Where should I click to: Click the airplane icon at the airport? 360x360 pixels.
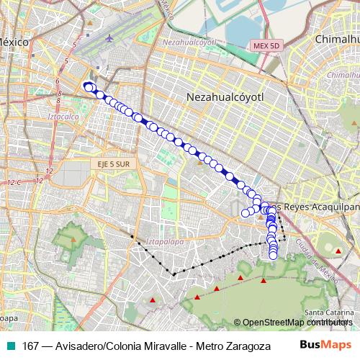pos(109,37)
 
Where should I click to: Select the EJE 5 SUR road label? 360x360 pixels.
pos(110,164)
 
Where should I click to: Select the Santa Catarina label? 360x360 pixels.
pos(328,312)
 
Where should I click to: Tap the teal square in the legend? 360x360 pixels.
pos(12,345)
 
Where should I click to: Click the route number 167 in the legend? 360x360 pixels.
pos(32,345)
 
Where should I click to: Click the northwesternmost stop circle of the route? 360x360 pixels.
pos(87,86)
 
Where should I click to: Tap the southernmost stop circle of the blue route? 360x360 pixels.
pos(274,254)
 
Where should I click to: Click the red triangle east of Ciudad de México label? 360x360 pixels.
pos(338,251)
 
